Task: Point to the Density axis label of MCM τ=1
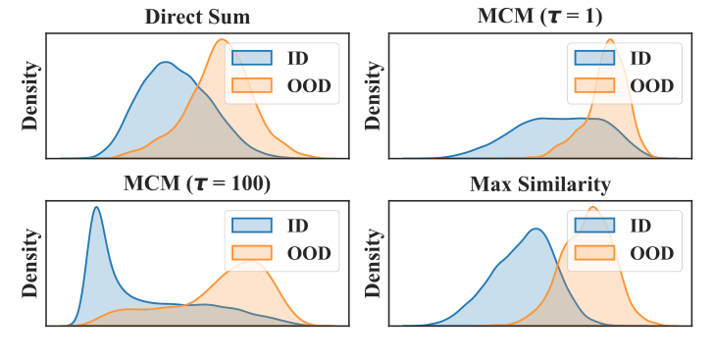pyautogui.click(x=374, y=96)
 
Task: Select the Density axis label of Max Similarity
pyautogui.click(x=374, y=263)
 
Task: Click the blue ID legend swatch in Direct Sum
pyautogui.click(x=251, y=58)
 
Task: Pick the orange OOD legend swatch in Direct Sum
pyautogui.click(x=251, y=86)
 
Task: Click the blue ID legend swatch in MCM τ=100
pyautogui.click(x=251, y=225)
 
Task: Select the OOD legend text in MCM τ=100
pyautogui.click(x=309, y=253)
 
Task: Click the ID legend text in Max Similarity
pyautogui.click(x=640, y=225)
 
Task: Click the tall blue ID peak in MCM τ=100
pyautogui.click(x=96, y=208)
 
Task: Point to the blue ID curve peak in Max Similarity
pyautogui.click(x=535, y=230)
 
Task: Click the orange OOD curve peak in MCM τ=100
pyautogui.click(x=253, y=262)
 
